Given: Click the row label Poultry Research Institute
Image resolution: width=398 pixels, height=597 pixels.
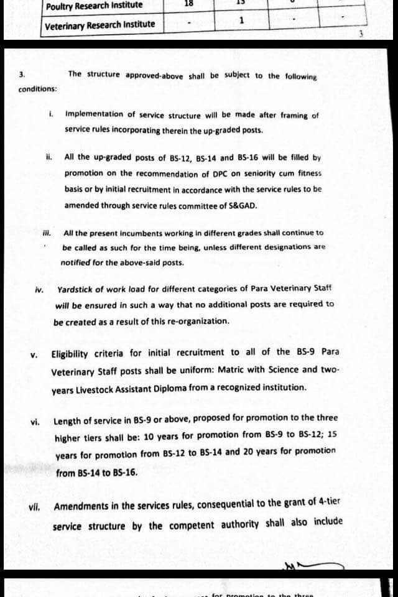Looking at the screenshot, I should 94,6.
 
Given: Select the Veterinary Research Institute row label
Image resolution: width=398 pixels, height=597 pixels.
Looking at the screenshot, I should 100,25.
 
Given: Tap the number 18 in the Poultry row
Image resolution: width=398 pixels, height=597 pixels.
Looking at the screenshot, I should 188,3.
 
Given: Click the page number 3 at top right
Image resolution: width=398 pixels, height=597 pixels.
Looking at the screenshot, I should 360,34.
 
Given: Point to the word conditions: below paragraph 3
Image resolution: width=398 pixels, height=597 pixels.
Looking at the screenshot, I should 38,89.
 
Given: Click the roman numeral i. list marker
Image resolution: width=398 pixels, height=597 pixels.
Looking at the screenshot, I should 50,114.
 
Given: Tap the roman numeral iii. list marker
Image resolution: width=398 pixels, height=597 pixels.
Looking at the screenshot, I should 46,233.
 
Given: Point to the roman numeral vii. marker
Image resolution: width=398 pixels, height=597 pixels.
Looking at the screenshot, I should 34,507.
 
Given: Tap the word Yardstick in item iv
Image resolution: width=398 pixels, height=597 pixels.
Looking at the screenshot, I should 77,289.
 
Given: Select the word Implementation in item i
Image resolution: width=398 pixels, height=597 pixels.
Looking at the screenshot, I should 94,114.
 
